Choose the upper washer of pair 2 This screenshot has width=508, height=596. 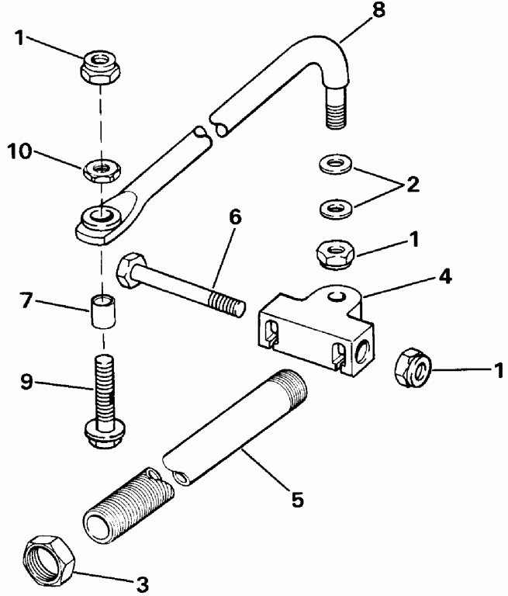pos(334,164)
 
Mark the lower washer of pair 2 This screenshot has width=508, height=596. pos(334,207)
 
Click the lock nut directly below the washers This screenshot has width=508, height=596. pos(334,253)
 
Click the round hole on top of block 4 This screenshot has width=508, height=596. pos(335,296)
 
